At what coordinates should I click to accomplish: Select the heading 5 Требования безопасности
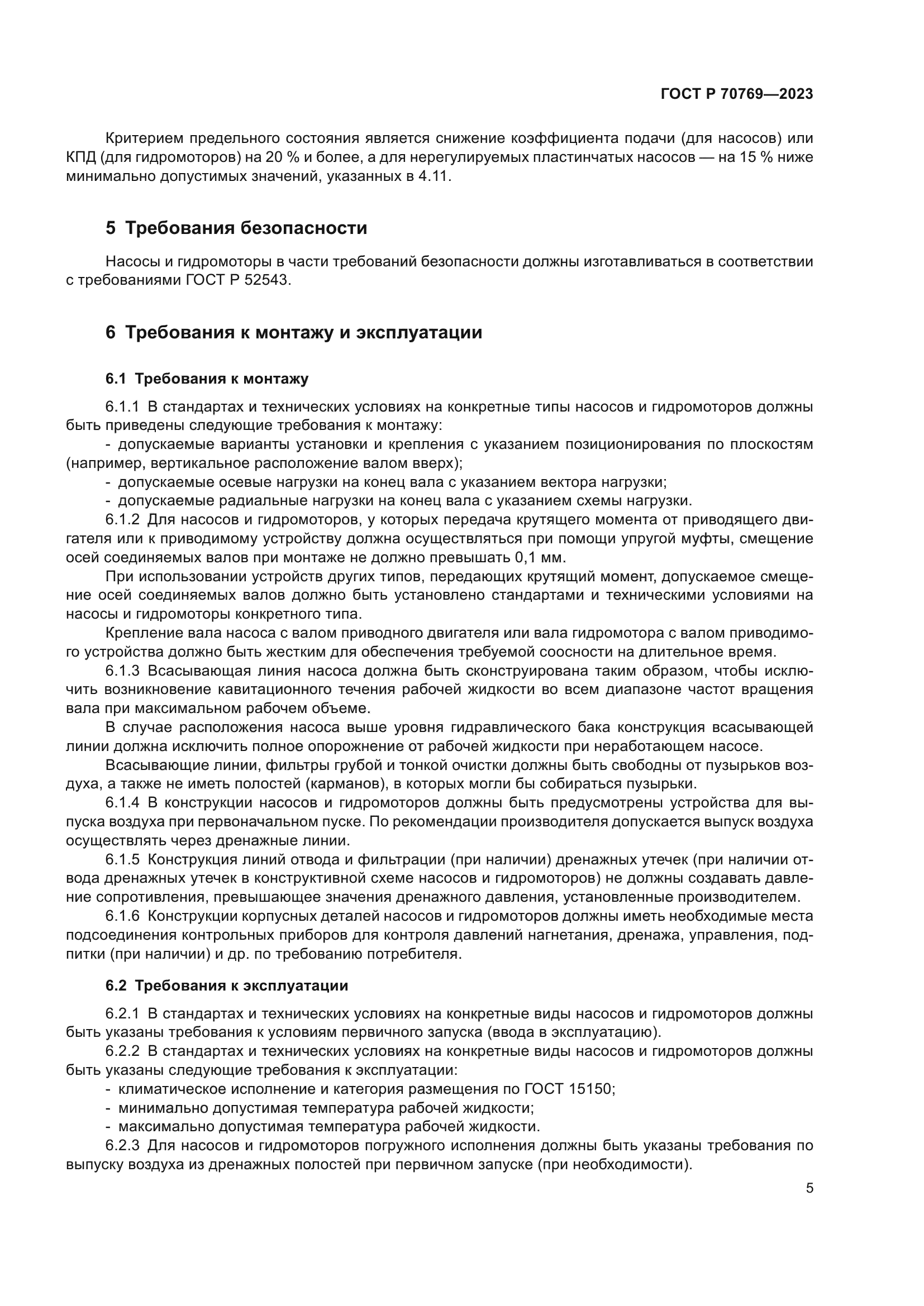coord(236,228)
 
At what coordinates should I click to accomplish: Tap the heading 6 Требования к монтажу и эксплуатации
coord(294,332)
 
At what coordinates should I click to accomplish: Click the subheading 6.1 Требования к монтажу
coord(207,379)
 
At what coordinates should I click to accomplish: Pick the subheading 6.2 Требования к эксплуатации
coord(226,986)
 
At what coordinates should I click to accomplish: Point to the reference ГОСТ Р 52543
coord(238,281)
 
